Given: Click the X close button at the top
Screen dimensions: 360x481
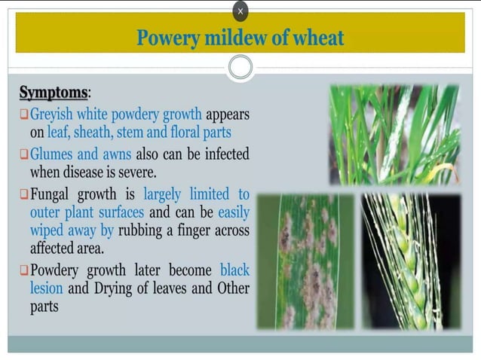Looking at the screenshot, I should (240, 11).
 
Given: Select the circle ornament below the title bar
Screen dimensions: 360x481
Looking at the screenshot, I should (240, 67).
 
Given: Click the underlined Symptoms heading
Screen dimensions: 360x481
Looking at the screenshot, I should (53, 93).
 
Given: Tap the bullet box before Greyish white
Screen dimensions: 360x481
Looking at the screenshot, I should (24, 115).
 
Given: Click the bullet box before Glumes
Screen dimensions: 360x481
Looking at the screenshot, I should (24, 154).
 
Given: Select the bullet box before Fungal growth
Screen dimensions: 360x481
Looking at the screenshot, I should (24, 194).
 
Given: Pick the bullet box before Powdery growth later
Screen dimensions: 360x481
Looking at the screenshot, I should (24, 270).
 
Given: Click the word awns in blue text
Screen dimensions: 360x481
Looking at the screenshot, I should (116, 154).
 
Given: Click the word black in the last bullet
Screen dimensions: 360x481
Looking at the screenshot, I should (234, 270).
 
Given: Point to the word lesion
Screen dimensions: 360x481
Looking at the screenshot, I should (47, 288).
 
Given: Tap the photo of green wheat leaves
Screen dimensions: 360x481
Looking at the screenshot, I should (394, 135).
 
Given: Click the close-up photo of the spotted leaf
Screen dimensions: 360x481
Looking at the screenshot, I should (305, 261).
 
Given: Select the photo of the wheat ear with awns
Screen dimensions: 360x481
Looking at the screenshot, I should (411, 261).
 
